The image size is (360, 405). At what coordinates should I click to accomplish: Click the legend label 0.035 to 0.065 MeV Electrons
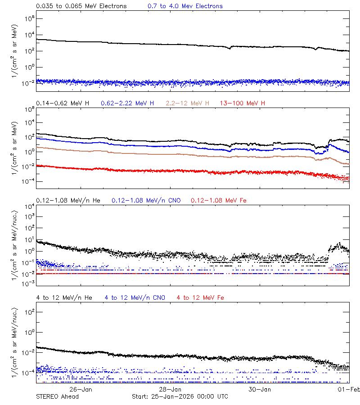(81, 6)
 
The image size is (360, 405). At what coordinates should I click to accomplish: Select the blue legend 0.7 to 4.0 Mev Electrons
(185, 6)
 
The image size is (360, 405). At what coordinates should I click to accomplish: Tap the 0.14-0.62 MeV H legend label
(63, 103)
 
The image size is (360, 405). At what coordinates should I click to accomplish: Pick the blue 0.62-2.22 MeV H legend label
(127, 103)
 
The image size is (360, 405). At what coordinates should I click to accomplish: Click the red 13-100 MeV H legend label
(243, 103)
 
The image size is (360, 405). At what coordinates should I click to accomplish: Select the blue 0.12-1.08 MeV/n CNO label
(146, 200)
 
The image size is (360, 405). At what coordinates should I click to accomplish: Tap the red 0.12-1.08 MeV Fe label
(219, 200)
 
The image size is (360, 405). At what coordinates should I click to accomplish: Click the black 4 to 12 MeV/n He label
(64, 298)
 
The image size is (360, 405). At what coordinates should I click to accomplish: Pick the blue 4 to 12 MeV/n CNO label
(135, 298)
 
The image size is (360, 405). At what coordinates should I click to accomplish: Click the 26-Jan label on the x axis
(81, 389)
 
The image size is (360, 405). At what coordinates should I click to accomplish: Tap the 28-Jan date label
(170, 389)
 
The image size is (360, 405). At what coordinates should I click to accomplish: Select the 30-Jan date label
(260, 389)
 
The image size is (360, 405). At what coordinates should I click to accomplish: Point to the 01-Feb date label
(349, 389)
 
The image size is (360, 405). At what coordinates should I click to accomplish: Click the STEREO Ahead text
(57, 396)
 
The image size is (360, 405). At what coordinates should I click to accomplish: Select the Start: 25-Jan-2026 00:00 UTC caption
(180, 396)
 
